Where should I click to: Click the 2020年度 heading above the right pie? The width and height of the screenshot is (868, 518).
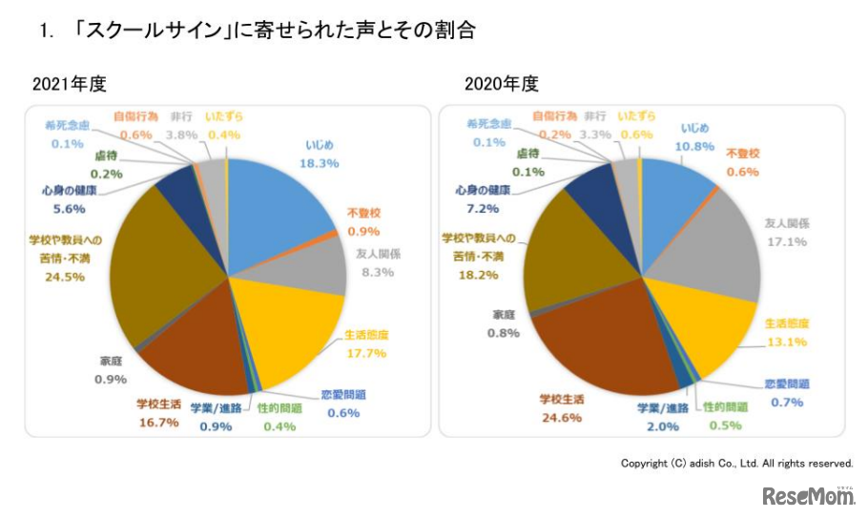click(502, 84)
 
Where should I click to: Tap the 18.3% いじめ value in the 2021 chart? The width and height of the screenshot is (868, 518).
click(320, 163)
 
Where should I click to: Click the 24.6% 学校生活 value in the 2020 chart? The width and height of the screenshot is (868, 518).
click(561, 417)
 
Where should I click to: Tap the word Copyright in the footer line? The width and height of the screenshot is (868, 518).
click(645, 463)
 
